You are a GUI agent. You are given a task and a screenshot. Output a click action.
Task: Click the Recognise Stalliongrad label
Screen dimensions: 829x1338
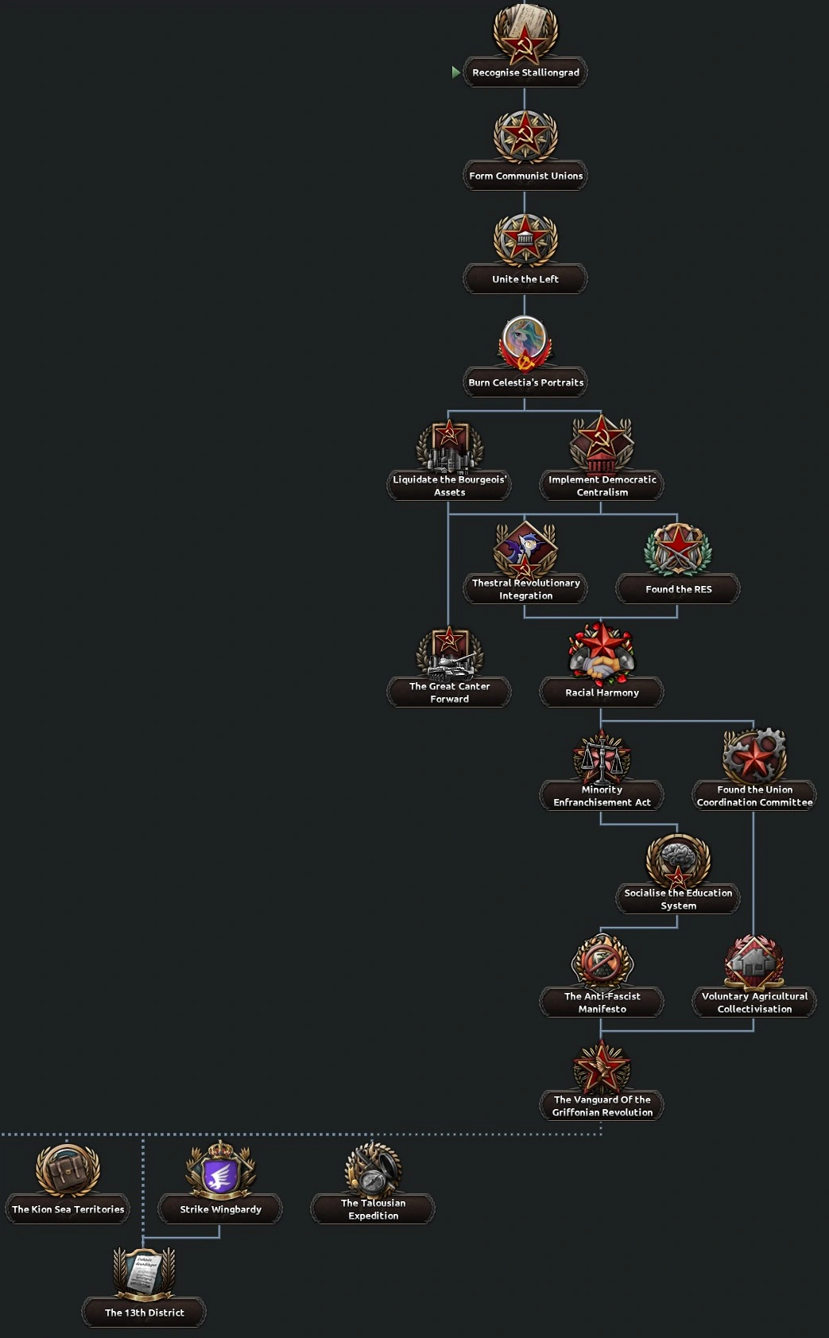tap(525, 72)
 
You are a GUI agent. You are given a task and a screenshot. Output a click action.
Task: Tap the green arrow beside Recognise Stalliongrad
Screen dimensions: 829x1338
tap(455, 72)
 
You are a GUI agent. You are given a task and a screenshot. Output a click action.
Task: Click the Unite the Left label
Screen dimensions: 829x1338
tap(525, 279)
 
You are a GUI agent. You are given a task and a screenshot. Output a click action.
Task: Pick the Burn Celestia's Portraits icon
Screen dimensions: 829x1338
tap(525, 343)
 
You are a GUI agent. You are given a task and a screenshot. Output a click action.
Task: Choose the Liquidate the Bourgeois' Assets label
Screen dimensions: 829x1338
tap(449, 486)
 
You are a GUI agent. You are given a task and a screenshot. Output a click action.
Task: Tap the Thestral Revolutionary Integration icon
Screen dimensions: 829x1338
tap(525, 549)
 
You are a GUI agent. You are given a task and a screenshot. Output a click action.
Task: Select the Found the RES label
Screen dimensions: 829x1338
tap(678, 589)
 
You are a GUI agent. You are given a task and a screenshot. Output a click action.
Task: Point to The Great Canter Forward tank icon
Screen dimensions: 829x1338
tap(449, 652)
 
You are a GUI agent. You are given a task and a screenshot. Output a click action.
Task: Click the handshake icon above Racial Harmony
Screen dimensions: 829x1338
tap(602, 652)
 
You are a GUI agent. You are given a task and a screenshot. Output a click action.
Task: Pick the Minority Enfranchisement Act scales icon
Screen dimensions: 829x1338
tap(602, 756)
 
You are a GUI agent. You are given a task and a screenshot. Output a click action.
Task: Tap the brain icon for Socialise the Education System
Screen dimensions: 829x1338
tap(678, 859)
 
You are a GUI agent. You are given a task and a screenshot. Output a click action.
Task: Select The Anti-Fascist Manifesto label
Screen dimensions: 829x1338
tap(602, 1003)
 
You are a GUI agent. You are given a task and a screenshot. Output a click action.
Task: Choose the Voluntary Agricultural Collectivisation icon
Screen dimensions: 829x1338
tap(754, 962)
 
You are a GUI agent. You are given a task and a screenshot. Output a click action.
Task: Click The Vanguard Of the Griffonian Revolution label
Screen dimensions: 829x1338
tap(602, 1106)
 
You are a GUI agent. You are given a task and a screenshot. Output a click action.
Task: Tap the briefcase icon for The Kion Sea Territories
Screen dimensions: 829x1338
tap(68, 1169)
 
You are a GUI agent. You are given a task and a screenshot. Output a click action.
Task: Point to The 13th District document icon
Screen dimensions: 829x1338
tap(144, 1272)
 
